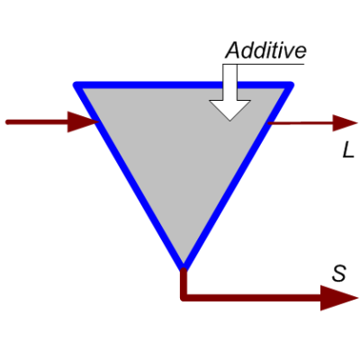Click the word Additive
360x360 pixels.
(x=265, y=50)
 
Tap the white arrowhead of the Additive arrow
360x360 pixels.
(x=229, y=110)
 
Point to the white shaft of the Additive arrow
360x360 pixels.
(x=229, y=83)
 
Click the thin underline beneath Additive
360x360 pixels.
(x=264, y=64)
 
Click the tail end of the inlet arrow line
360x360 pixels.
(x=7, y=121)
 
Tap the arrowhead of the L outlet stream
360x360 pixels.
(x=345, y=122)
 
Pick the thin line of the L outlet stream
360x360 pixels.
(x=301, y=123)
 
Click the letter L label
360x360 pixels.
(x=348, y=151)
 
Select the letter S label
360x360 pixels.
(x=339, y=274)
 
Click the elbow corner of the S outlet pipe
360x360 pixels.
(x=184, y=298)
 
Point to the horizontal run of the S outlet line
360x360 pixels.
(x=252, y=298)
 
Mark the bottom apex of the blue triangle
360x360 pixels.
(x=184, y=266)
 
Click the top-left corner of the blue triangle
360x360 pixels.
(x=76, y=85)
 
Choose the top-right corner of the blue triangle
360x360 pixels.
(x=290, y=85)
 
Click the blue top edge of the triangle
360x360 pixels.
(x=184, y=85)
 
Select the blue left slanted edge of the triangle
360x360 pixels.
(x=130, y=175)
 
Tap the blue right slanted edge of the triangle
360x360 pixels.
(x=237, y=175)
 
